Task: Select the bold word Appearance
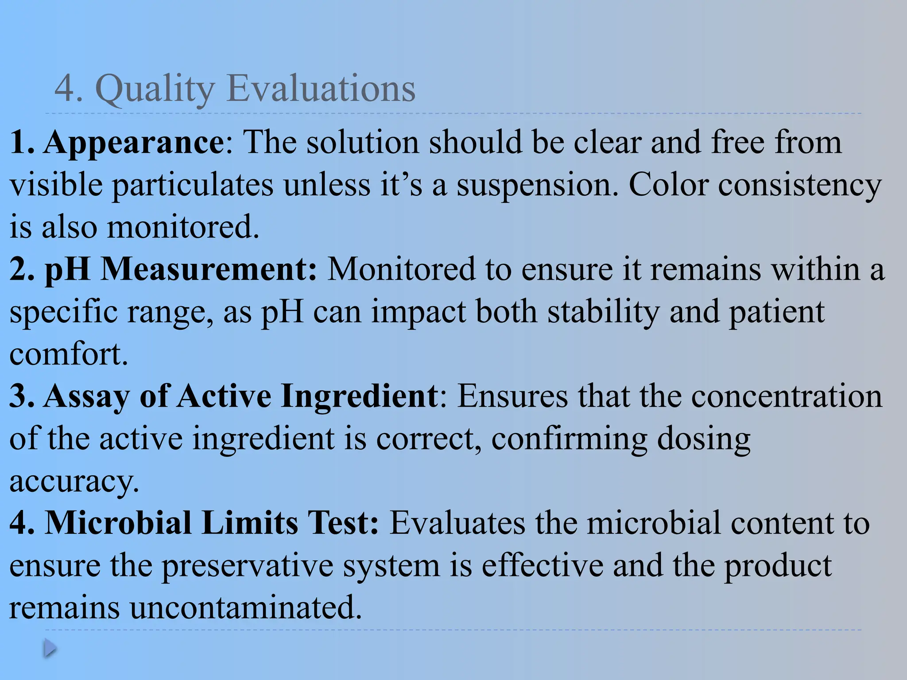point(134,143)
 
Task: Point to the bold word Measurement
point(209,269)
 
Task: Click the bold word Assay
point(87,396)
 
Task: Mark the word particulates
point(193,185)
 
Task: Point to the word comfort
point(69,354)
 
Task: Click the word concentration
point(787,396)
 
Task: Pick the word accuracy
point(74,482)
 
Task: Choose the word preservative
point(247,566)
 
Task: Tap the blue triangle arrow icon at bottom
point(50,649)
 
